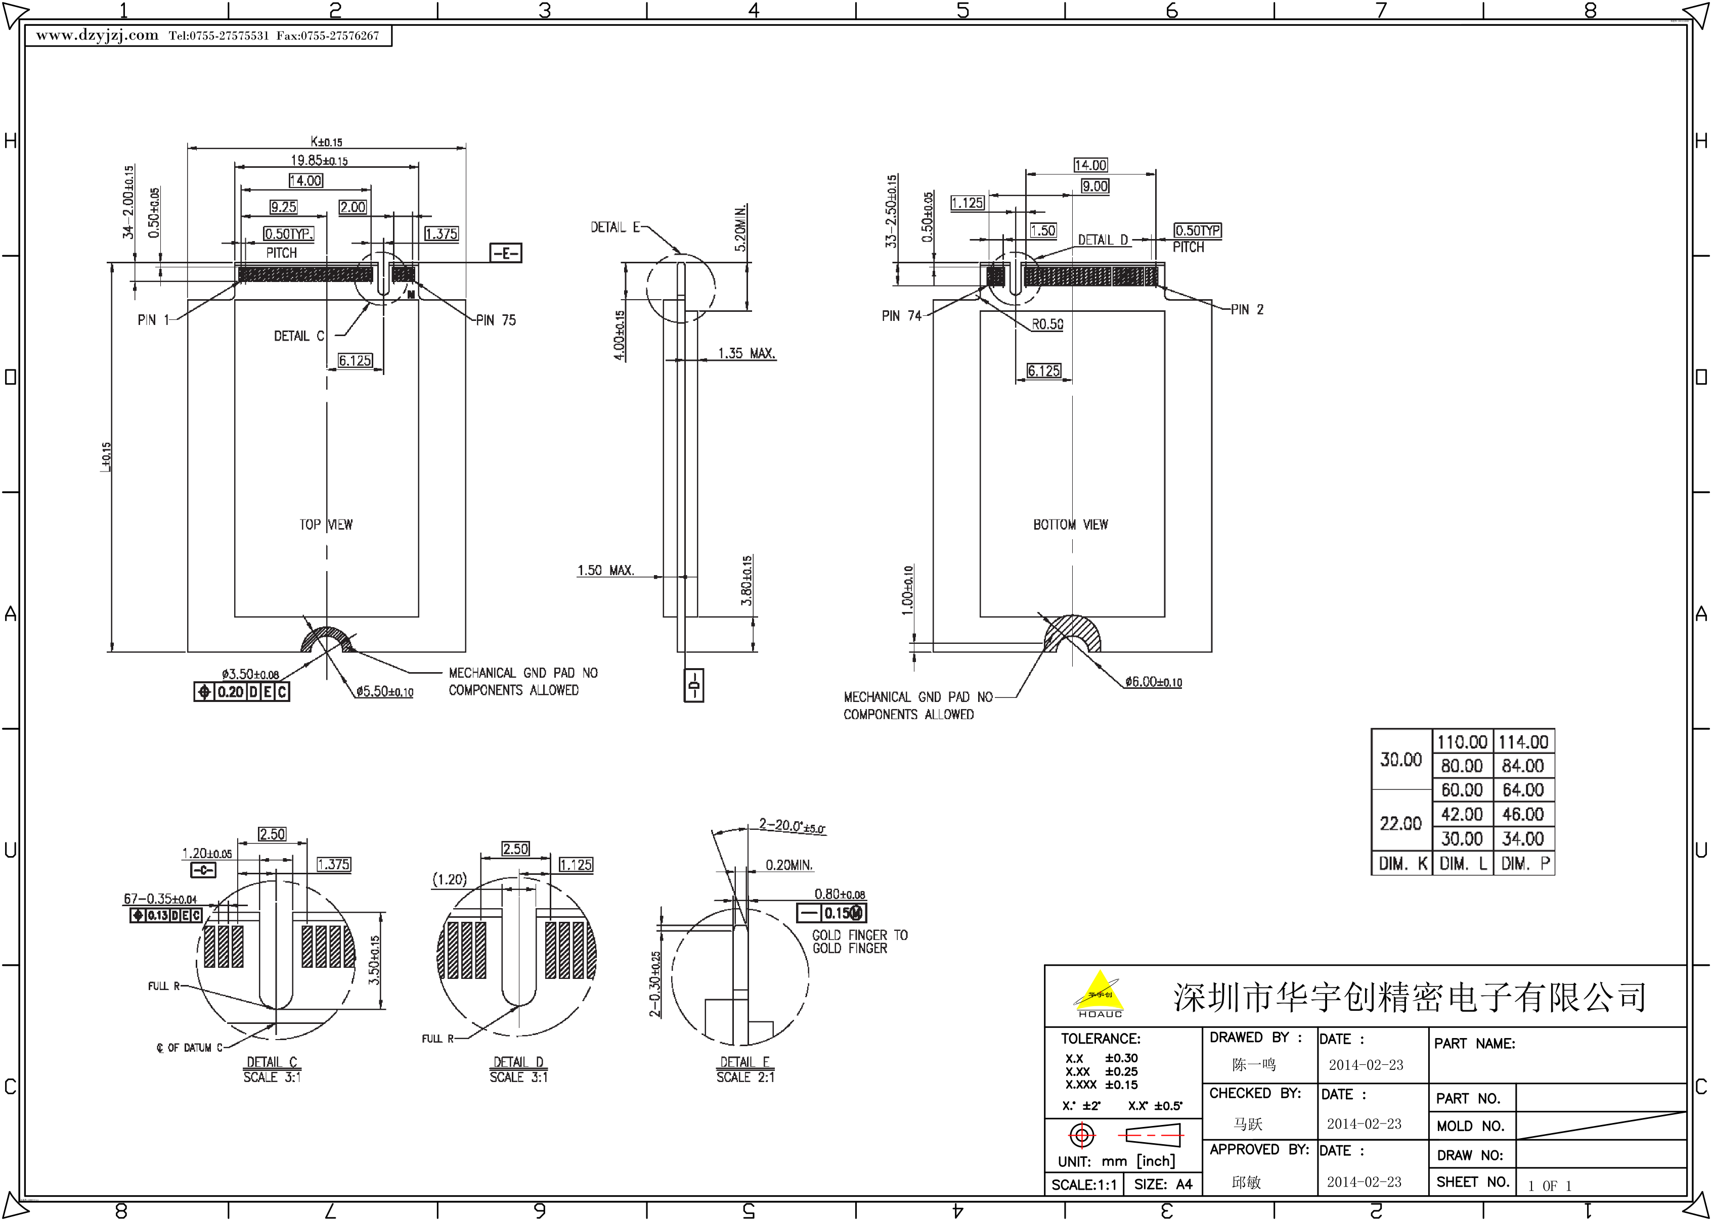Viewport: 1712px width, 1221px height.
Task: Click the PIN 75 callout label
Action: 496,320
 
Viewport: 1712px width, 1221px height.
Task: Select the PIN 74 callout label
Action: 901,316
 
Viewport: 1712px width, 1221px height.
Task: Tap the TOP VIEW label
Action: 326,525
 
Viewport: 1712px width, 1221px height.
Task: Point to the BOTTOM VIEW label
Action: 1070,525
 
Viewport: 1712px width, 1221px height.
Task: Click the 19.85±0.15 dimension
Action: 319,161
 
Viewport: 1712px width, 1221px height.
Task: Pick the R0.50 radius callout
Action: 1047,324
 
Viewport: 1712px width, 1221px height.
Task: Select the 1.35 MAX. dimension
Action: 745,353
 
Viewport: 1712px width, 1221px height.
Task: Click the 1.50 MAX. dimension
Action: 605,571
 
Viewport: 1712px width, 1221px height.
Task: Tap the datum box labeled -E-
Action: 505,253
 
